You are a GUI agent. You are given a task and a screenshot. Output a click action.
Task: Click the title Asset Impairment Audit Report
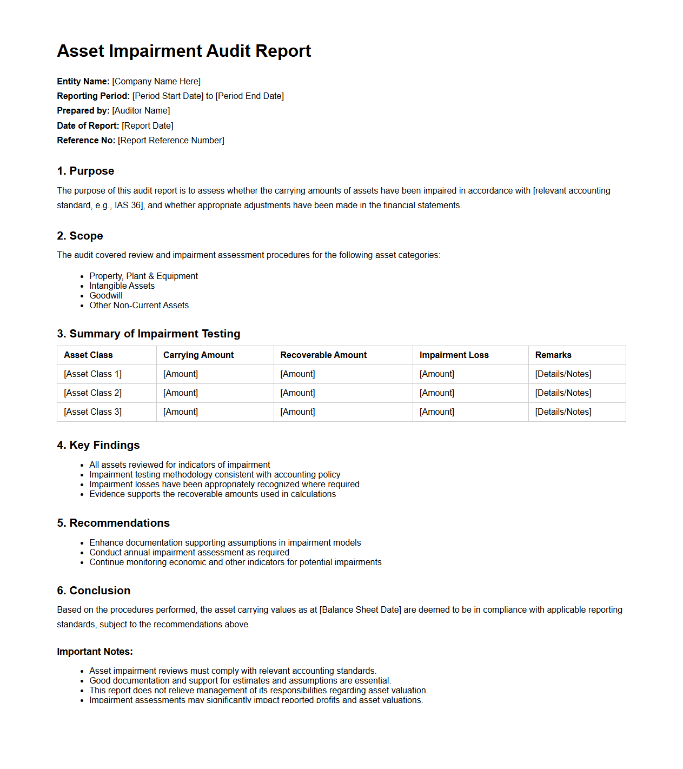184,51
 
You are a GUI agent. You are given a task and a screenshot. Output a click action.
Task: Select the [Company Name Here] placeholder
156,82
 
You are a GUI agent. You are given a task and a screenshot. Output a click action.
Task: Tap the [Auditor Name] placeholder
141,111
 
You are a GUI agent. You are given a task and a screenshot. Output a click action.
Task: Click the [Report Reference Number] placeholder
171,141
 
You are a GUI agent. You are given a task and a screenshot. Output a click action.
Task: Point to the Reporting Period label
93,96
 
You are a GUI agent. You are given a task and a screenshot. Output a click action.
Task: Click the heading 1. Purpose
85,171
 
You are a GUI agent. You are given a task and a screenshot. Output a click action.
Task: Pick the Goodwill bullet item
106,296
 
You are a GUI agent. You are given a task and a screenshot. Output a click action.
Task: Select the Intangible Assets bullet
122,286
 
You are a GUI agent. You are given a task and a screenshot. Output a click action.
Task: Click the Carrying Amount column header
198,355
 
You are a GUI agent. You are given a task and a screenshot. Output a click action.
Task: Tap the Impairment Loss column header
454,355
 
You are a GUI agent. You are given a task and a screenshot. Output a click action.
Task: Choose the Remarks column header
553,355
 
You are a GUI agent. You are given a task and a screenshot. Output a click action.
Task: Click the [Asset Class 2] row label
92,393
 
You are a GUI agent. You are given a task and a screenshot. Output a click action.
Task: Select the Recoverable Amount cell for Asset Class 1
297,374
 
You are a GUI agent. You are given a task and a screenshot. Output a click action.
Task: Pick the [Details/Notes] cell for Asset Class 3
563,412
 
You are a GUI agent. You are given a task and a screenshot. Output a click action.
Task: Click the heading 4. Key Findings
98,445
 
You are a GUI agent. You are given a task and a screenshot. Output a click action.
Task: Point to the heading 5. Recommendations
113,523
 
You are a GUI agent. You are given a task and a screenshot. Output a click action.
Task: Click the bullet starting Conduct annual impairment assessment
189,553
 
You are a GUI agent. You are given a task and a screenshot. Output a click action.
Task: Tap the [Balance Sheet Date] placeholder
360,610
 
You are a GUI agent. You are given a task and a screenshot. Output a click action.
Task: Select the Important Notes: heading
95,652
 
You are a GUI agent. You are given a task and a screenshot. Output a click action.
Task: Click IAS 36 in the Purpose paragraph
128,205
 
